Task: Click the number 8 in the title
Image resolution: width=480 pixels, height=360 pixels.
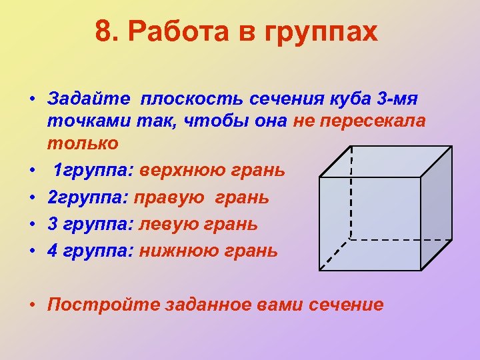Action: [103, 31]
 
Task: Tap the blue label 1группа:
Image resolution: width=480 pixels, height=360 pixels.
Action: [94, 171]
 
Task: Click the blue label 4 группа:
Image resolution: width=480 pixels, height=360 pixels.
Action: [90, 251]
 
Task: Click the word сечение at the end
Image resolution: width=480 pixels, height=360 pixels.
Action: [347, 305]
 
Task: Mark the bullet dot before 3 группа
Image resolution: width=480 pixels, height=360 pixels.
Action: [32, 225]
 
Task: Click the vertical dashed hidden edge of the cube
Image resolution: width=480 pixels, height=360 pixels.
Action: [351, 193]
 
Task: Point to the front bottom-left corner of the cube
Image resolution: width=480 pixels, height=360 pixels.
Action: [320, 270]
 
